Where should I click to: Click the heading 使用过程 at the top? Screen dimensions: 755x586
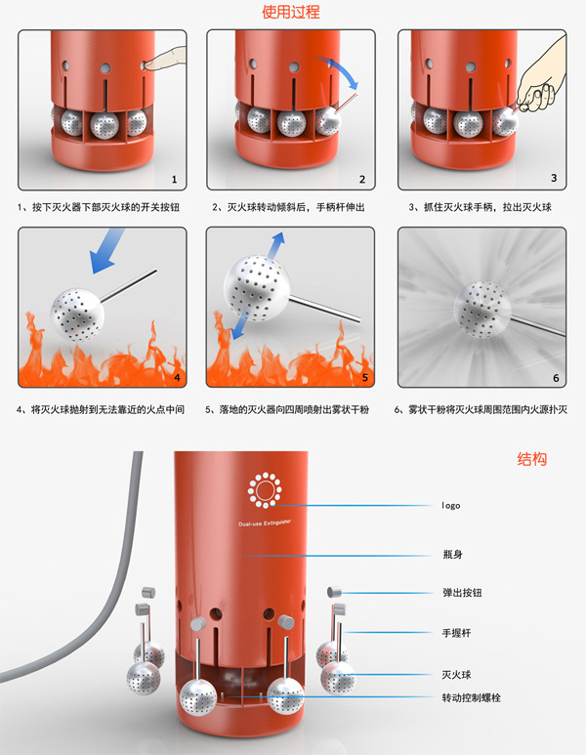(291, 13)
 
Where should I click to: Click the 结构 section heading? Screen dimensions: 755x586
(531, 458)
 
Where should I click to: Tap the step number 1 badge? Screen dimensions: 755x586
(174, 179)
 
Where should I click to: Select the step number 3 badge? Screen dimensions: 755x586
(554, 178)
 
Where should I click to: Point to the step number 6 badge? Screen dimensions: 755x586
(555, 377)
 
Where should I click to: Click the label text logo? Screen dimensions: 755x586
(450, 505)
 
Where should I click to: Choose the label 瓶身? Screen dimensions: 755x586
(451, 554)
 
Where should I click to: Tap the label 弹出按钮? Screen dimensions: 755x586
(462, 593)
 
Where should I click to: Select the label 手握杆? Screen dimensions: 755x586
(457, 633)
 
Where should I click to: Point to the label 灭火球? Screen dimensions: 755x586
(457, 674)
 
